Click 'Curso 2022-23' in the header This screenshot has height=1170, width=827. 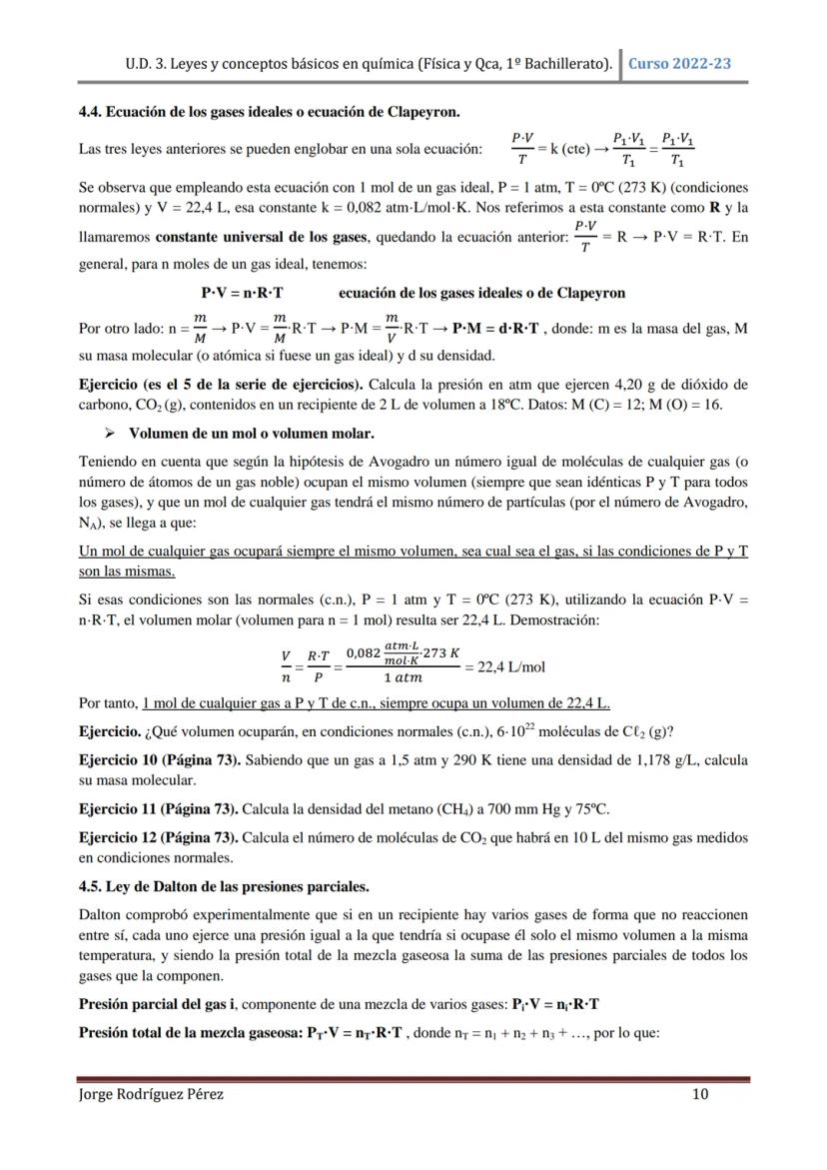(x=679, y=63)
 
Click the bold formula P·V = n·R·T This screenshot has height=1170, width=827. (x=242, y=293)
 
